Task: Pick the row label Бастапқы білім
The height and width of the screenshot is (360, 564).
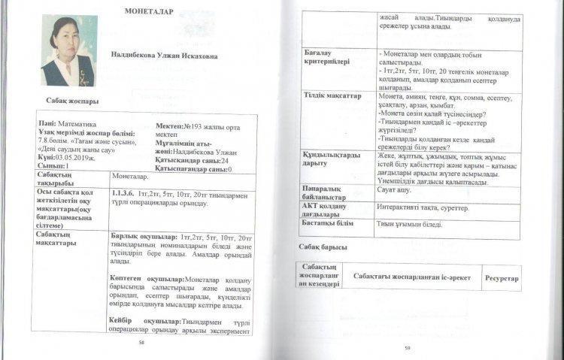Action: coord(329,223)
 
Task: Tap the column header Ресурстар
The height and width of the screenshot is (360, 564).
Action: coord(502,278)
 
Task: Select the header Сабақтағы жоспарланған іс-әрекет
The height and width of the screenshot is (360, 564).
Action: coord(412,277)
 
